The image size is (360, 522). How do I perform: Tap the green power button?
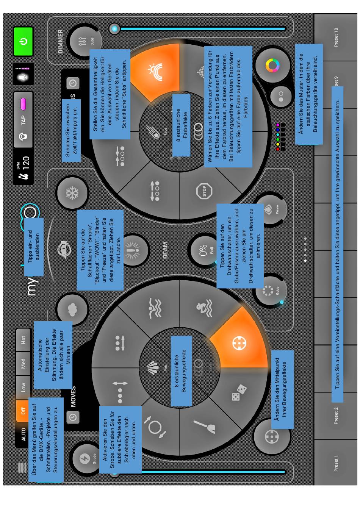tap(23, 41)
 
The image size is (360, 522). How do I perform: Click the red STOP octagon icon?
tap(202, 190)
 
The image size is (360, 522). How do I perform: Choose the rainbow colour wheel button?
tap(272, 66)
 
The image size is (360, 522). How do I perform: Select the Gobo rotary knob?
tap(269, 291)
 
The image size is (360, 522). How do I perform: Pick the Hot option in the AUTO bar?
tap(23, 339)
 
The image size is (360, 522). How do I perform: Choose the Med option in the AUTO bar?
tap(23, 363)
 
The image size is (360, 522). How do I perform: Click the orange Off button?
tap(23, 410)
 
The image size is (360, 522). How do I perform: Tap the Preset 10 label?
tap(336, 38)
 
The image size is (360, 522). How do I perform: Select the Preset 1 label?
tap(336, 465)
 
